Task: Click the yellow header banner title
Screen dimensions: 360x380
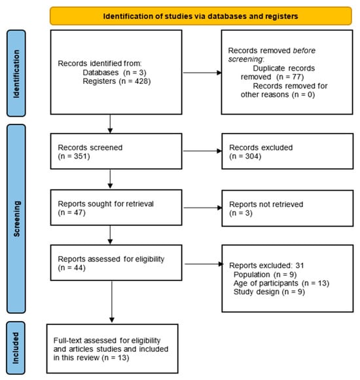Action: tap(200, 16)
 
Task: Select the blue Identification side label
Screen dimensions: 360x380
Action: tap(16, 73)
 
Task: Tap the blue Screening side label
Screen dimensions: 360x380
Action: tap(16, 219)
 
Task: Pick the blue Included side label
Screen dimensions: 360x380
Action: tap(16, 348)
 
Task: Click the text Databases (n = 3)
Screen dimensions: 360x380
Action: tap(115, 73)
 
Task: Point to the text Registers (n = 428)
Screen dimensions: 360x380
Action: tap(117, 81)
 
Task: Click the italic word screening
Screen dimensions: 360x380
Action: tap(245, 59)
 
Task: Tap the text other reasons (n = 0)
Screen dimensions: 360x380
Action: tap(278, 94)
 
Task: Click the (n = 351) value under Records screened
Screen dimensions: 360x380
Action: tap(74, 156)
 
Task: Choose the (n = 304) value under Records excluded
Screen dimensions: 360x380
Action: tap(245, 156)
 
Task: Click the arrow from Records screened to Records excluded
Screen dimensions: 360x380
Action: tap(202, 151)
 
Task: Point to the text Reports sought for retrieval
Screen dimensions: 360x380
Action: tap(105, 204)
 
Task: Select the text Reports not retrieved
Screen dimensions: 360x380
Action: tap(266, 204)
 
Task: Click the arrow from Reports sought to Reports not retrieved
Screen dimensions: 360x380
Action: tap(203, 208)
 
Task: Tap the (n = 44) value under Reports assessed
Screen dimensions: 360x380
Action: tap(71, 267)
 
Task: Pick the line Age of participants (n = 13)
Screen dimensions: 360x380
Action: tap(281, 283)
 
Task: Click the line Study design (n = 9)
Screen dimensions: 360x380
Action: tap(269, 292)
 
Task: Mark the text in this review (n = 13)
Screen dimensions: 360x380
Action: tap(91, 358)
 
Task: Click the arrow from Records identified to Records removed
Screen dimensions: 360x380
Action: tap(202, 73)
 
